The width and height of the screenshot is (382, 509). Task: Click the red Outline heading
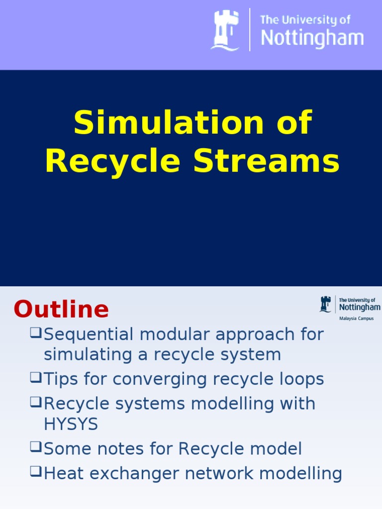pos(61,310)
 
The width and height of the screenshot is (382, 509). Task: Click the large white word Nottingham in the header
pos(312,38)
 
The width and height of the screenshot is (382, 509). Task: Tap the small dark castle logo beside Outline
pos(325,304)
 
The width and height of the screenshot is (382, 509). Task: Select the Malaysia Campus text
pos(356,318)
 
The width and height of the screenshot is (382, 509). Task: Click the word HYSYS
pos(71,424)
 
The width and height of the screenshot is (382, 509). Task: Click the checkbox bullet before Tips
pos(35,378)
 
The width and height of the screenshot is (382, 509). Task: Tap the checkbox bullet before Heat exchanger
pos(35,472)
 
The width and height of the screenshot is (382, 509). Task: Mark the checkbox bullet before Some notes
pos(35,447)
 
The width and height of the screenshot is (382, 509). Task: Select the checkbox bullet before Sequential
pos(35,333)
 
